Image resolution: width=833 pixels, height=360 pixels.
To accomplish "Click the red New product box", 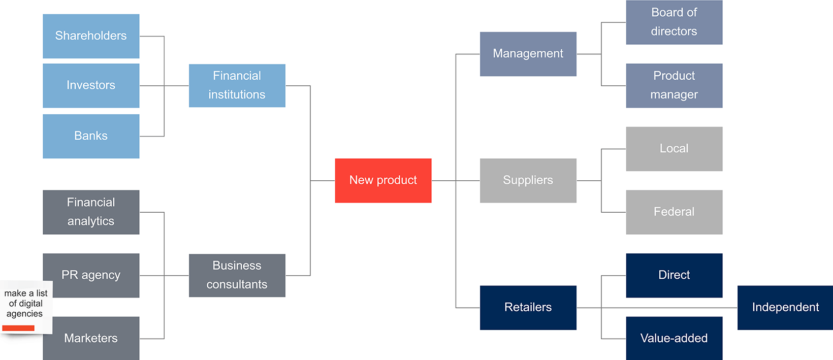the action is [x=383, y=180].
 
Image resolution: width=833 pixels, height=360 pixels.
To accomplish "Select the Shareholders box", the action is [x=91, y=36].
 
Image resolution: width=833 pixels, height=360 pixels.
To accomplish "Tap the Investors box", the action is [x=91, y=85].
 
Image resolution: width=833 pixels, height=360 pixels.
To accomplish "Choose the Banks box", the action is [x=91, y=136].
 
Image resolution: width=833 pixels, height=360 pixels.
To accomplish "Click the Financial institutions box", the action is [x=237, y=85].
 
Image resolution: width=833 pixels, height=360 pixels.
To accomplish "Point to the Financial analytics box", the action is [x=91, y=212].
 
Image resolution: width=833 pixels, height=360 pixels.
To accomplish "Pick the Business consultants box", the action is [x=237, y=275].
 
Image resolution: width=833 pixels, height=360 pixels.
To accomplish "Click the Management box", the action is [x=528, y=54].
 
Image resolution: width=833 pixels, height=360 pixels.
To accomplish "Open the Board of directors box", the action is [x=674, y=22].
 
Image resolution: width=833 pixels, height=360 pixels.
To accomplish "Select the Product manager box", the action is [x=674, y=85].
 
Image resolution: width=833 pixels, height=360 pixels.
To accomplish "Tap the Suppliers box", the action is [x=528, y=180].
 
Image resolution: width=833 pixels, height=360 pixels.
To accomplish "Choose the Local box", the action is [x=674, y=149].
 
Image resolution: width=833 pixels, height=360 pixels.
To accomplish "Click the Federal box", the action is [x=674, y=212].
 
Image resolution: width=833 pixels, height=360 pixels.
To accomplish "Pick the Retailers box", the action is [x=528, y=308].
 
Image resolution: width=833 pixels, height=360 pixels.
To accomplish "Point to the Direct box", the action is [x=674, y=275].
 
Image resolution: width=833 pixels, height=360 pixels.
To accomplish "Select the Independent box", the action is [x=785, y=308].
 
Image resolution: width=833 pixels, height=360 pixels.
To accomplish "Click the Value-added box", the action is [x=674, y=338].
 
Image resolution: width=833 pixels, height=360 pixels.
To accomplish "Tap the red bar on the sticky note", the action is [x=18, y=328].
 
